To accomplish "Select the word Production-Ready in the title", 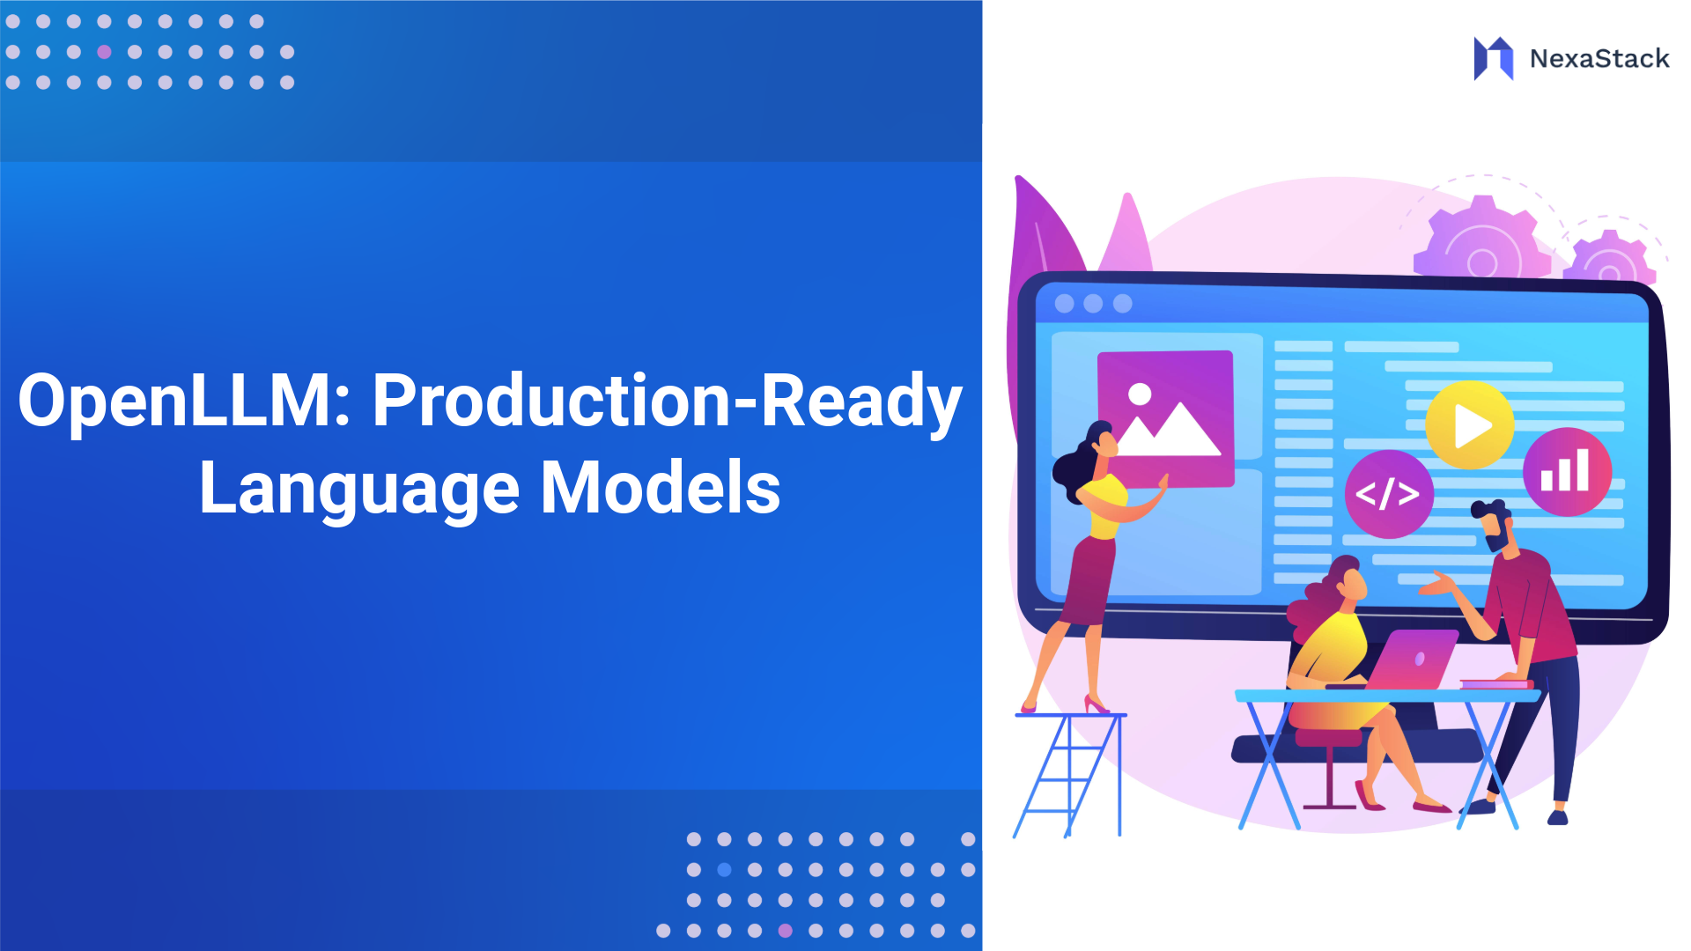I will (x=667, y=402).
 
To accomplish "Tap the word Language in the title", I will (x=359, y=490).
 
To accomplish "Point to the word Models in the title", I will (x=661, y=489).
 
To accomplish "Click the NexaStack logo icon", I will (x=1494, y=58).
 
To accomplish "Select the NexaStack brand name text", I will (x=1599, y=59).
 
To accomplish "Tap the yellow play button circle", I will (x=1469, y=425).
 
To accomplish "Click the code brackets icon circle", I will (x=1388, y=494).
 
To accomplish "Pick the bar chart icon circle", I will (x=1567, y=472).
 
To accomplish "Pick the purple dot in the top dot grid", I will (x=104, y=52).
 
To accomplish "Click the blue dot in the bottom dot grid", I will (x=724, y=870).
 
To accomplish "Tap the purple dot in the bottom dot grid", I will (x=785, y=931).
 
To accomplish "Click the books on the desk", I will (x=1495, y=684).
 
